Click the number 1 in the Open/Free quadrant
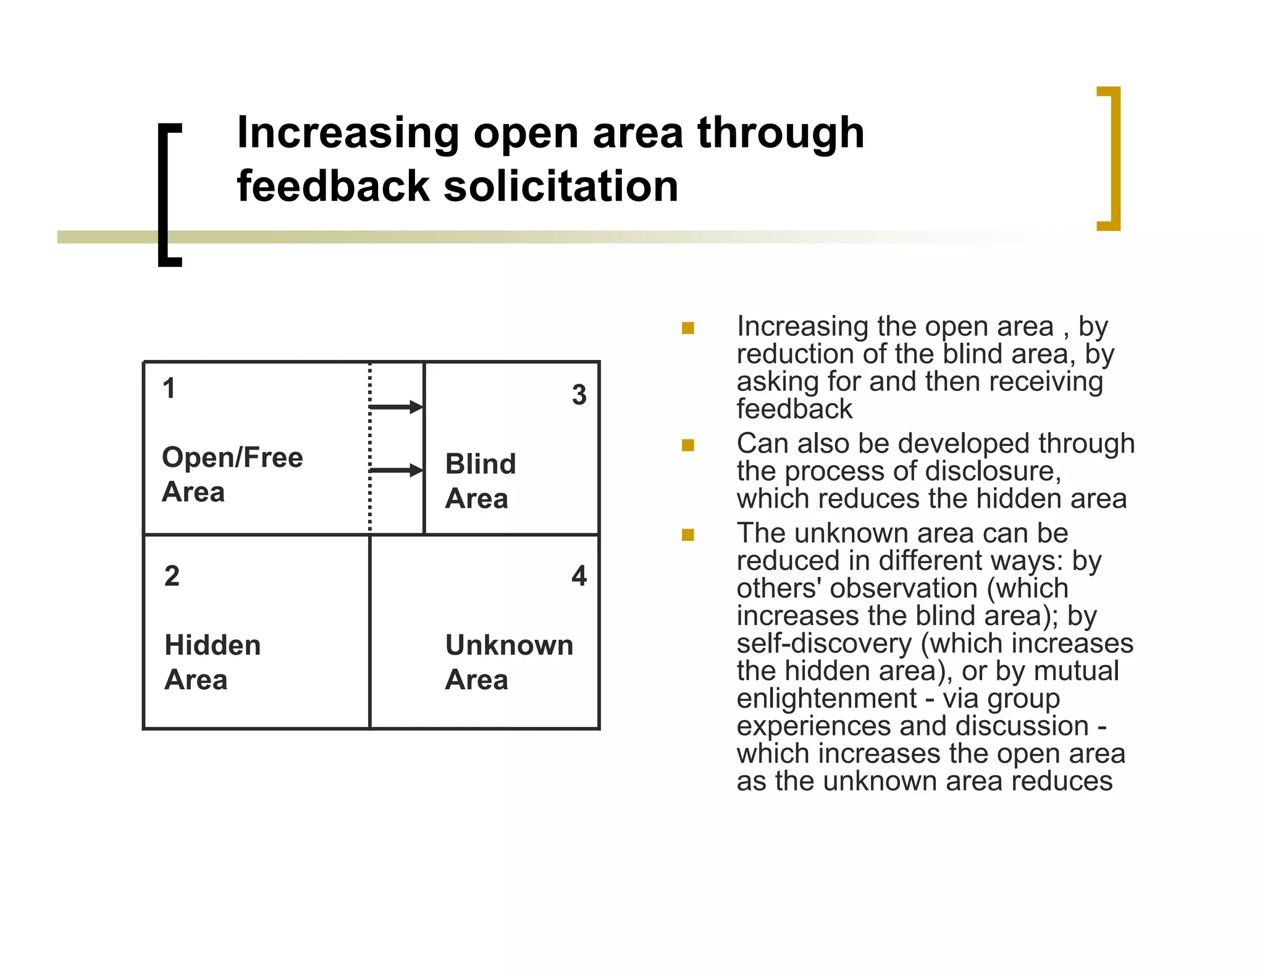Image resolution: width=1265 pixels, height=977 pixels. pyautogui.click(x=169, y=389)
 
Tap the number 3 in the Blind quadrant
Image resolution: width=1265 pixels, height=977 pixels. pyautogui.click(x=579, y=395)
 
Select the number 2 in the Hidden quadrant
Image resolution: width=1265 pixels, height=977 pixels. pyautogui.click(x=172, y=576)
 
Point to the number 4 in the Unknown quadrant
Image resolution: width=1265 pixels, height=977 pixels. pyautogui.click(x=579, y=576)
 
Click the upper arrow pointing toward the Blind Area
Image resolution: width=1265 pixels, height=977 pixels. pyautogui.click(x=396, y=407)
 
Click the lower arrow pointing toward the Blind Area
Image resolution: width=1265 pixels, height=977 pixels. pyautogui.click(x=396, y=471)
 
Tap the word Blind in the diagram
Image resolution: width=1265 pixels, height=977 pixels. pyautogui.click(x=481, y=464)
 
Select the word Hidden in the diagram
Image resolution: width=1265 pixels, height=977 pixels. pyautogui.click(x=212, y=645)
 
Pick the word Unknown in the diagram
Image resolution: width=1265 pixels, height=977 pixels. pyautogui.click(x=509, y=645)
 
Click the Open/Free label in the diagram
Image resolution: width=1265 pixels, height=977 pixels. pyautogui.click(x=232, y=458)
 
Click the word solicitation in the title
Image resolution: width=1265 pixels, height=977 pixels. pyautogui.click(x=561, y=186)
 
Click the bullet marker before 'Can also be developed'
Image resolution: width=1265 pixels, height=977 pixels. pyautogui.click(x=688, y=445)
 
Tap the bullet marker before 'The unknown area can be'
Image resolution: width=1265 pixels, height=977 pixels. pyautogui.click(x=688, y=535)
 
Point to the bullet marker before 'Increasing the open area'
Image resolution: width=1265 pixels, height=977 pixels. pyautogui.click(x=688, y=328)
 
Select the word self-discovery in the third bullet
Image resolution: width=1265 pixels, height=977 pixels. pyautogui.click(x=824, y=644)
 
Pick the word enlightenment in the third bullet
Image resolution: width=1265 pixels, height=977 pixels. pyautogui.click(x=826, y=698)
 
